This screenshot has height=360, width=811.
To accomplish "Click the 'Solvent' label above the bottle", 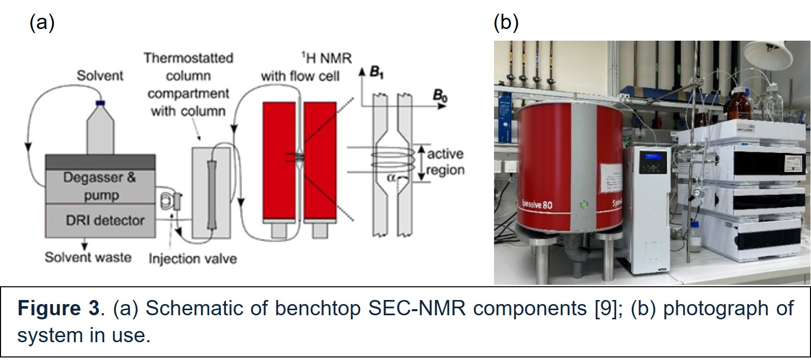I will [x=100, y=76].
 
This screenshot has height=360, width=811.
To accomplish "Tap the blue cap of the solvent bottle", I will [x=100, y=103].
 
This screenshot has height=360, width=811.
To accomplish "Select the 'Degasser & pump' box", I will [x=100, y=186].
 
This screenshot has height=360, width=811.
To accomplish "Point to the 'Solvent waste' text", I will [x=88, y=257].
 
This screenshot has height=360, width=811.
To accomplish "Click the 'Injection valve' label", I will [x=192, y=259].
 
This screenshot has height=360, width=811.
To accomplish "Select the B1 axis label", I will [x=377, y=73].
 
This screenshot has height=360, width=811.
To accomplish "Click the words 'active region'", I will [x=445, y=162].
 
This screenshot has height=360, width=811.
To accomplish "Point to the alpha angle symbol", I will [x=391, y=177].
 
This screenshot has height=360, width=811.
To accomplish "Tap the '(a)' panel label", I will [x=42, y=23].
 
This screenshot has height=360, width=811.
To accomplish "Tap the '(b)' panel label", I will [x=506, y=23].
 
